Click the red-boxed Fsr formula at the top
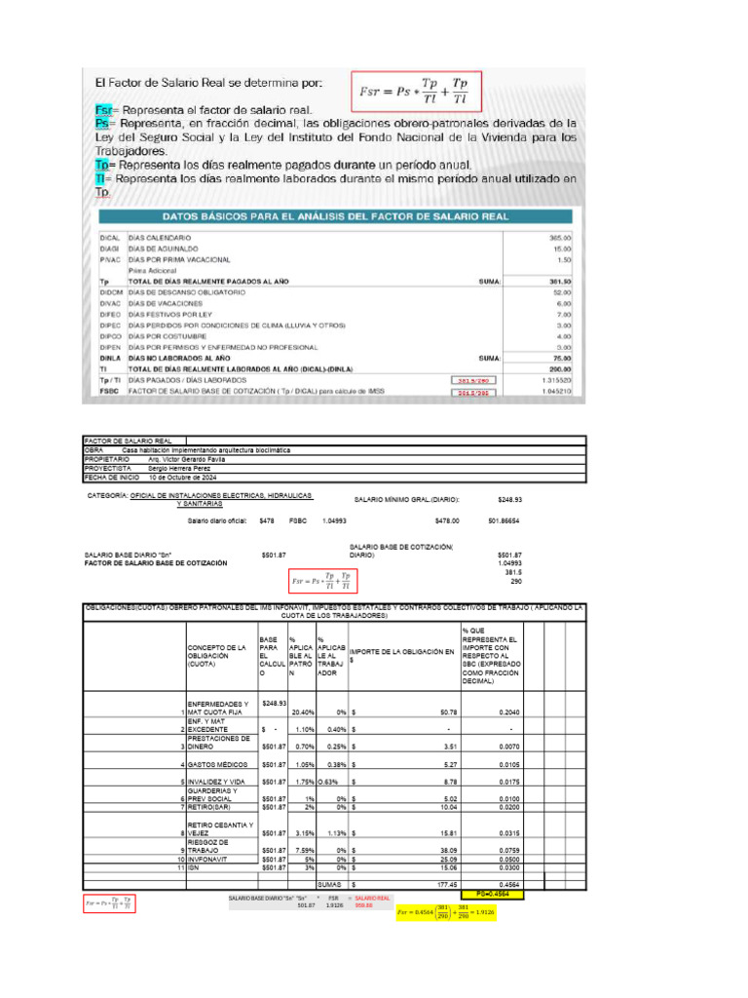(417, 93)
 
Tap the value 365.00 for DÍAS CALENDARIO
(560, 237)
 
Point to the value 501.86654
(505, 520)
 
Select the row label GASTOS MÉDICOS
(213, 764)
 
